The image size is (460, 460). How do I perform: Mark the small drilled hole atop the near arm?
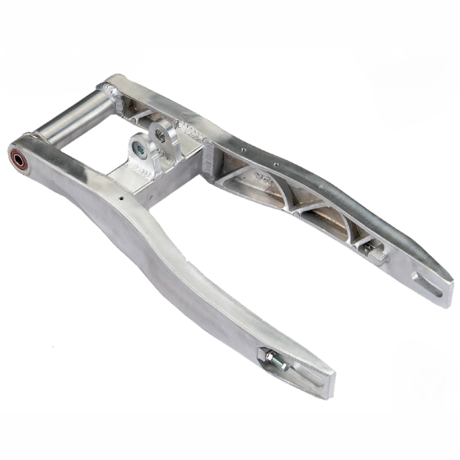121,198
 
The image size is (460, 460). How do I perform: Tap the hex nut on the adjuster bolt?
269,355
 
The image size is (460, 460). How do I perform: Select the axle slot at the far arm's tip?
428,285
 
